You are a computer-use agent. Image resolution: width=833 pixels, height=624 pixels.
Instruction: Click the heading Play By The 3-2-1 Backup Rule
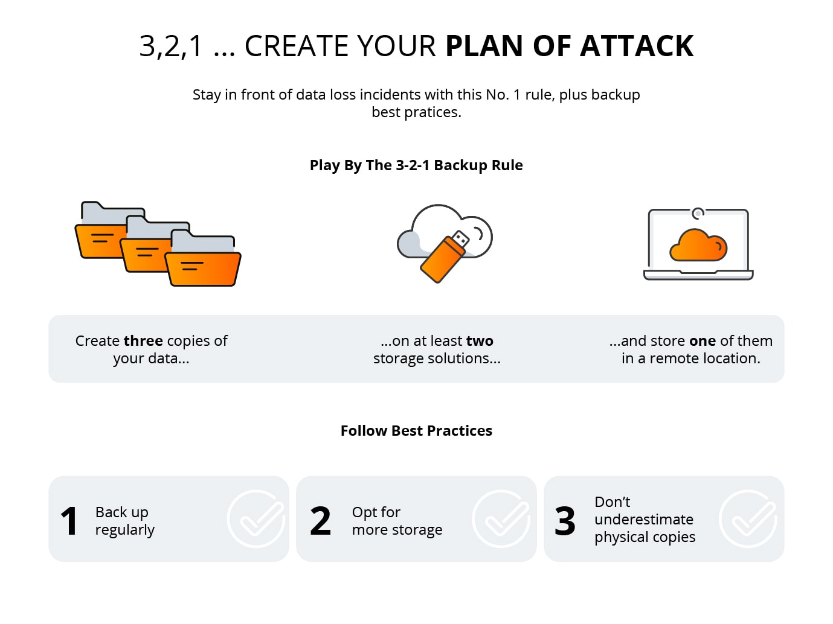[x=416, y=165]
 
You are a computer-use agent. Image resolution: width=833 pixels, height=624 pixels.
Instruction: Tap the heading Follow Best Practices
[x=416, y=431]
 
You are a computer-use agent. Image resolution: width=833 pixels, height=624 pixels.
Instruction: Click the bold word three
[x=144, y=341]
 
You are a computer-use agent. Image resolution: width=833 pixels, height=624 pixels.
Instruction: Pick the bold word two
[x=480, y=341]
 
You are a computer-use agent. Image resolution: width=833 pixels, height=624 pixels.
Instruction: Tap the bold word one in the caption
[x=703, y=341]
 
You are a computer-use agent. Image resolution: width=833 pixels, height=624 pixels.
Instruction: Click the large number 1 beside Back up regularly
[x=69, y=521]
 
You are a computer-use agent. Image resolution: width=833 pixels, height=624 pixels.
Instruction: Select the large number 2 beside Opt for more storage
[x=320, y=521]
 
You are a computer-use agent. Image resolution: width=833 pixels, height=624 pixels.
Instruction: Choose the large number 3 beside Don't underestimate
[x=565, y=521]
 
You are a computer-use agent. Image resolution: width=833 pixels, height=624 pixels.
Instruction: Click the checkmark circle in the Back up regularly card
[x=256, y=519]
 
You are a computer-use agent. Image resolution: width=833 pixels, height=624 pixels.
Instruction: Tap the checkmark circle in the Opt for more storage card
[x=501, y=519]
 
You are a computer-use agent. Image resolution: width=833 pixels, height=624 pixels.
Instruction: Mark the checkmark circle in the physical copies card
[x=748, y=519]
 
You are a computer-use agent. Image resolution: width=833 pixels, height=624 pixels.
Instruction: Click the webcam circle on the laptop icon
[x=698, y=213]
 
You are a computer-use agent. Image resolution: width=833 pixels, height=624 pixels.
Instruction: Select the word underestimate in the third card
[x=644, y=520]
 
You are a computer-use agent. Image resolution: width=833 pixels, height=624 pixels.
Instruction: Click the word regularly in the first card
[x=125, y=530]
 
